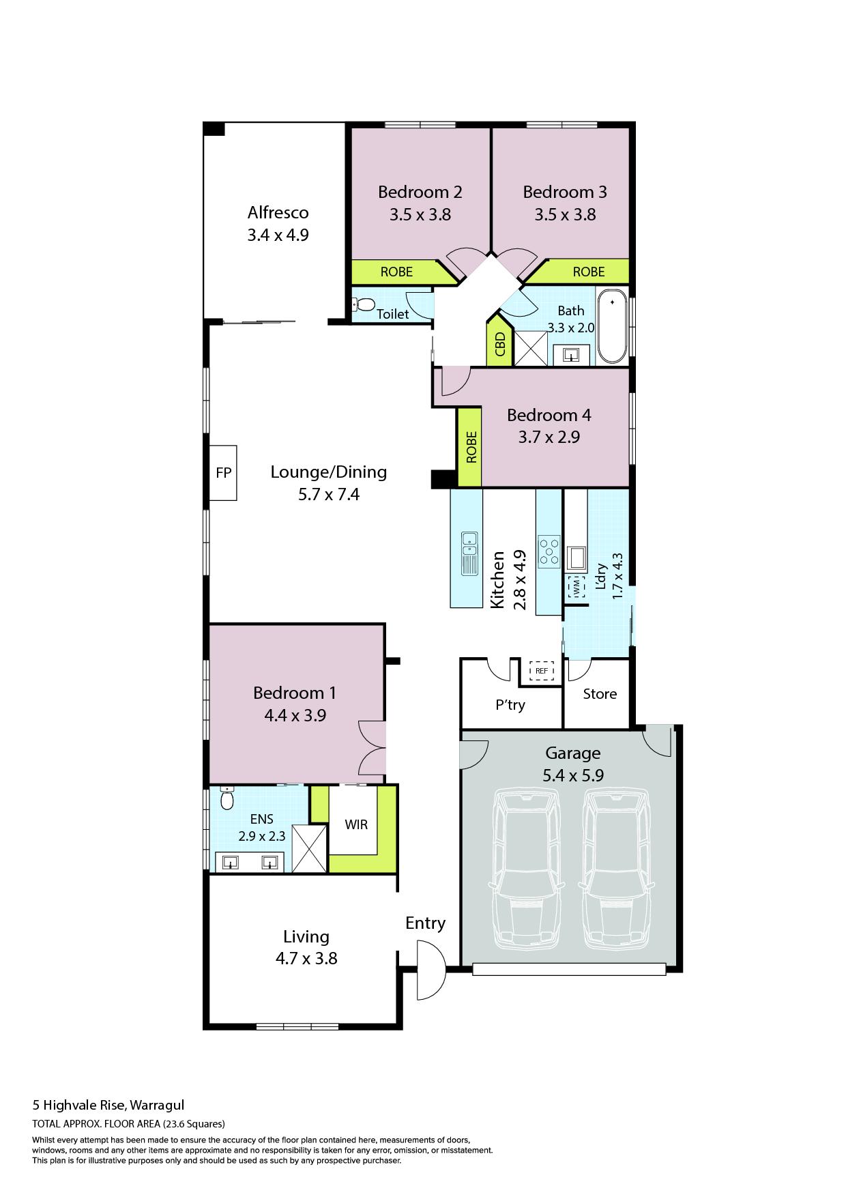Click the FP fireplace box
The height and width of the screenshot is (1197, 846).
[x=222, y=473]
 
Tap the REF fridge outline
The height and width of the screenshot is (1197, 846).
[x=542, y=671]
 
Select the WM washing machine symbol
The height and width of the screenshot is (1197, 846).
[x=577, y=586]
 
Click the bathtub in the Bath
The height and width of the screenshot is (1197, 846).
[x=612, y=327]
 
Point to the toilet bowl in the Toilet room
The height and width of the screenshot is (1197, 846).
[x=364, y=305]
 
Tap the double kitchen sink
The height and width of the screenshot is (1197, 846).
[x=469, y=553]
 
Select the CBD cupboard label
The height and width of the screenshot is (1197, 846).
[x=500, y=344]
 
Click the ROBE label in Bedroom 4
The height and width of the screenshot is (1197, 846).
[x=471, y=447]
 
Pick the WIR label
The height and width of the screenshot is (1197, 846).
[x=356, y=824]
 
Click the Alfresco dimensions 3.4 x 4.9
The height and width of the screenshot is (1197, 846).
[x=278, y=235]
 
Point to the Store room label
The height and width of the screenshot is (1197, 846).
[x=600, y=694]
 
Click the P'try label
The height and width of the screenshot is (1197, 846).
[x=510, y=705]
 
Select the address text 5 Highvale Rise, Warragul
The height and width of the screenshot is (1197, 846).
[x=108, y=1106]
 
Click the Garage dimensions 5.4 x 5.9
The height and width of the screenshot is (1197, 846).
[x=573, y=776]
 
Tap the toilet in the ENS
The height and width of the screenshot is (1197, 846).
[x=227, y=798]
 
